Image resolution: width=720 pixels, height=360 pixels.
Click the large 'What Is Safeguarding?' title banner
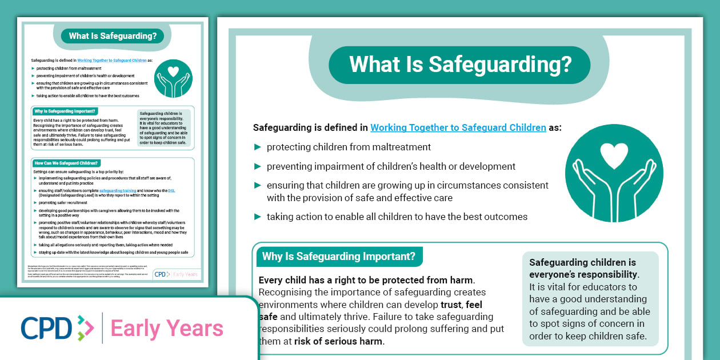[x=460, y=65]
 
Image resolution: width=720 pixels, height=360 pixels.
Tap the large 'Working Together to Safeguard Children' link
[x=458, y=127]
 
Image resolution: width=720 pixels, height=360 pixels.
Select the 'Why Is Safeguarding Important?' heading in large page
[x=338, y=256]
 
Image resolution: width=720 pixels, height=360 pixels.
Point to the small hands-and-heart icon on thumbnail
[x=174, y=79]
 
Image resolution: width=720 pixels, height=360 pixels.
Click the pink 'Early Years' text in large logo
[x=167, y=329]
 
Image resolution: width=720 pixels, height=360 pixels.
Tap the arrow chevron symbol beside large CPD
[x=85, y=328]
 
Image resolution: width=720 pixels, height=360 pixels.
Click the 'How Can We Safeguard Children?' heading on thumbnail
[x=67, y=163]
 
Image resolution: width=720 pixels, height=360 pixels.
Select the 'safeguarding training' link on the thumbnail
[x=118, y=190]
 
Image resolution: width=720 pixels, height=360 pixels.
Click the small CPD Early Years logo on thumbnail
[x=177, y=274]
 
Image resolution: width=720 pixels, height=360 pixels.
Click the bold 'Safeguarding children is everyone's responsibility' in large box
[x=583, y=268]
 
